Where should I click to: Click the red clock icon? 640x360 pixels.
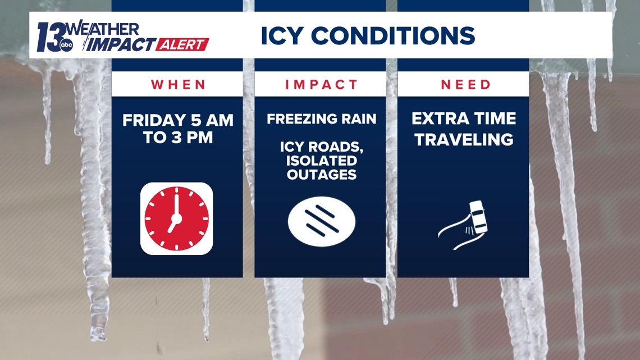point(177,219)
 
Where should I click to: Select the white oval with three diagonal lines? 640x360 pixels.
point(322,222)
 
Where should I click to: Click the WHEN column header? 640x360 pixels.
point(178,84)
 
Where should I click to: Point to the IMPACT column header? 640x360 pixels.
point(321,84)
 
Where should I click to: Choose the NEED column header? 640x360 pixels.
point(466,84)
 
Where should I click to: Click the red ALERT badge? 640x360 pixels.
point(182,44)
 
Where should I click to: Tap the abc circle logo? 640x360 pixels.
point(66,45)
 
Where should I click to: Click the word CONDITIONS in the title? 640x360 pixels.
point(393,35)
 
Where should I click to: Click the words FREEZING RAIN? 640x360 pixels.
point(322,119)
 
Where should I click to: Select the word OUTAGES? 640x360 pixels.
point(322,175)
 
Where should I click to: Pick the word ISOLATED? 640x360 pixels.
point(322,161)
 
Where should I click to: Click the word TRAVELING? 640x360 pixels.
point(464,140)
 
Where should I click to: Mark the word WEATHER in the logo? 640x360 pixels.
point(103,29)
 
